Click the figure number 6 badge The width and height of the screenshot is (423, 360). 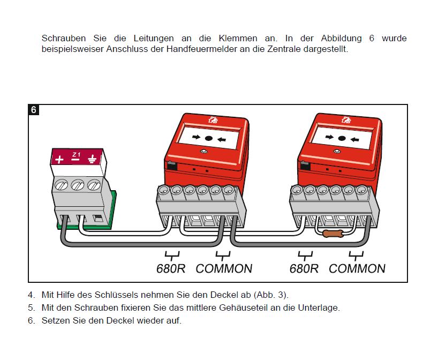[x=33, y=110]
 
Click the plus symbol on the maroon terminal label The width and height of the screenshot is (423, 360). [x=59, y=160]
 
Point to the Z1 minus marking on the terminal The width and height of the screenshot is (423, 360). [x=76, y=157]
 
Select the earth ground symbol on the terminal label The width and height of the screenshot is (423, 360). [x=92, y=159]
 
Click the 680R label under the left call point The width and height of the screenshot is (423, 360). [x=171, y=268]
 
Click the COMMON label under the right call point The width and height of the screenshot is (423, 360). [x=357, y=268]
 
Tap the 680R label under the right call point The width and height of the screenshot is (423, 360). [x=304, y=268]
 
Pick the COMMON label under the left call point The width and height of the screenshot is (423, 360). [x=224, y=268]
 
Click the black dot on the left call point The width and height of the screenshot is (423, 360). [x=208, y=138]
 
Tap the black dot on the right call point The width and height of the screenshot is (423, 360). [x=342, y=138]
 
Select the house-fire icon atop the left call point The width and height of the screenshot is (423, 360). [x=213, y=119]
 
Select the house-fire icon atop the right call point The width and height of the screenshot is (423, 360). [x=346, y=119]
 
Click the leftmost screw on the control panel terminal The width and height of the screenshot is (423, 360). [x=61, y=185]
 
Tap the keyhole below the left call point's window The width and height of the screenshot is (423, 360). [x=203, y=152]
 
